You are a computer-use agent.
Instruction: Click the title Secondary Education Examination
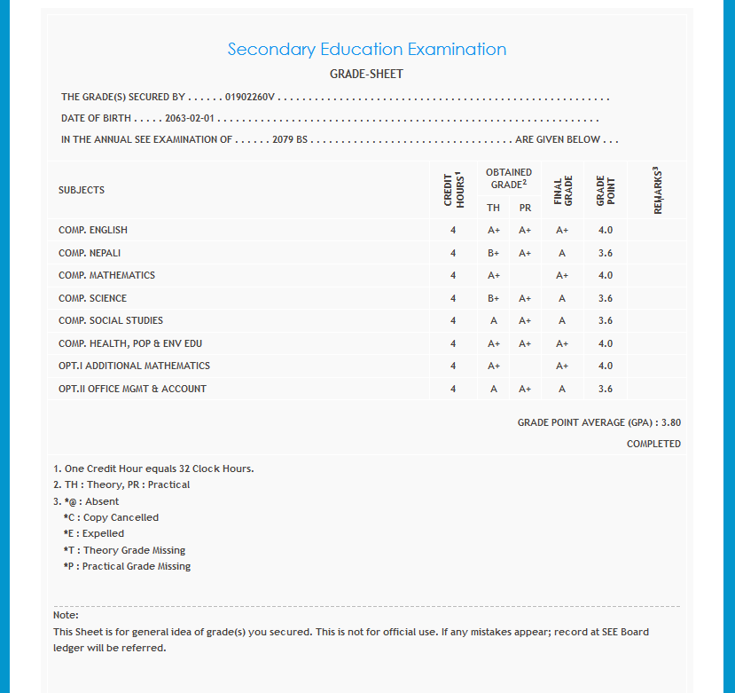coord(367,50)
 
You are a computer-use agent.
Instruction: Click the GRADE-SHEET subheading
coord(366,75)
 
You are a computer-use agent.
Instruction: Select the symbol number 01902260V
coord(251,97)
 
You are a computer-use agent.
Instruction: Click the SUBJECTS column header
coord(82,190)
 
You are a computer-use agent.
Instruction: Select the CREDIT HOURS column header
coord(454,190)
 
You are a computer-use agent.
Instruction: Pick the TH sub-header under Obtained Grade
coord(494,208)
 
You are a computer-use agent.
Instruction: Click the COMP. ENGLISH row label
coord(93,231)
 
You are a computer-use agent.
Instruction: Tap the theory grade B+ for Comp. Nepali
coord(494,253)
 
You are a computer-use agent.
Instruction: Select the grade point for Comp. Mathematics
coord(606,275)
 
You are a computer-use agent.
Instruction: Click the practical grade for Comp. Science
coord(525,298)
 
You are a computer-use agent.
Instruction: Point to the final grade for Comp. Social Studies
coord(562,320)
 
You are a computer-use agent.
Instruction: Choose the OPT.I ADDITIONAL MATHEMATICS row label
coord(134,366)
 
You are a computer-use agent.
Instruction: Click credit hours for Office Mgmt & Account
coord(453,389)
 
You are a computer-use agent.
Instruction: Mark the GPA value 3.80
coord(671,422)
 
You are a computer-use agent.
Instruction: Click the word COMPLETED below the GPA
coord(653,444)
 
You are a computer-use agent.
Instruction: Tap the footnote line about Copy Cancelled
coord(111,517)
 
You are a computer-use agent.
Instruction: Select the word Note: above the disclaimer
coord(66,615)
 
